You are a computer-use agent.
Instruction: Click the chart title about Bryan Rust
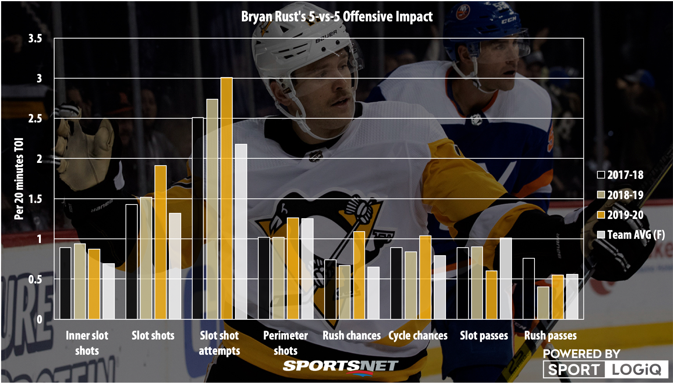coord(337,17)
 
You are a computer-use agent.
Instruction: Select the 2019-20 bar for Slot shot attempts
coord(227,198)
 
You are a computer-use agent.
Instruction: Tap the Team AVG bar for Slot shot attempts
coord(241,232)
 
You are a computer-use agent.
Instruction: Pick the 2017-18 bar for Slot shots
coord(132,262)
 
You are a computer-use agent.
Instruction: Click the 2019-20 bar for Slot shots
coord(161,242)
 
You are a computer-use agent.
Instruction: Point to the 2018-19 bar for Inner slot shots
coord(80,282)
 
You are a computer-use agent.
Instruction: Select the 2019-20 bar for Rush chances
coord(359,275)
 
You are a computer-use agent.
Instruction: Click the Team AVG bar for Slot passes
coord(506,278)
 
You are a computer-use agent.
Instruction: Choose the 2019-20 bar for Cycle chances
coord(425,277)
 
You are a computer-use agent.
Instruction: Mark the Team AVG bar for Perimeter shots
coord(308,269)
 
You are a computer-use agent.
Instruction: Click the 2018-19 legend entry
coord(620,195)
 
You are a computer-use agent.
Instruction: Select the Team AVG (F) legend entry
coord(631,235)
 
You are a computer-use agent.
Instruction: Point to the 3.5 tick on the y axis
coord(35,39)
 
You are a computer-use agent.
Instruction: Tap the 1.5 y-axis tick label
coord(35,199)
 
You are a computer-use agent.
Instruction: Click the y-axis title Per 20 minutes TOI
coord(19,179)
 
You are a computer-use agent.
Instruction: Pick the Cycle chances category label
coord(418,336)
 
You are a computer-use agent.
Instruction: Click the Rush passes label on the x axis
coord(550,336)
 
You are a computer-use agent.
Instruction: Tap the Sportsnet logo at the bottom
coord(340,367)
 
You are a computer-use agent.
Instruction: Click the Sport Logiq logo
coord(605,369)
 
